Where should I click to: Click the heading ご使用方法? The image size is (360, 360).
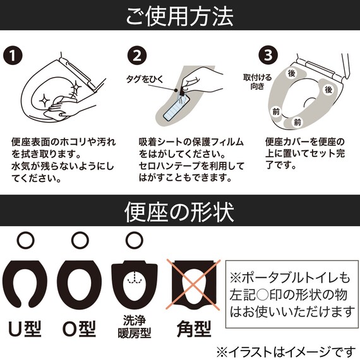pos(180,15)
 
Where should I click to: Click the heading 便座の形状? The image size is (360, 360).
pos(180,209)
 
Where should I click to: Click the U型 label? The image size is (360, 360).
pos(25,329)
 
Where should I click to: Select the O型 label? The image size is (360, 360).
pos(79,329)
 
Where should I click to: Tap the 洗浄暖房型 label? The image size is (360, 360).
pos(133,328)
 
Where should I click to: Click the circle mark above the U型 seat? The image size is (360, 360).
pos(25,239)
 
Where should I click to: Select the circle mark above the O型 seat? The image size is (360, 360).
pos(79,239)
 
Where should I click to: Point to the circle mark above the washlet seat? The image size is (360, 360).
pos(133,239)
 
